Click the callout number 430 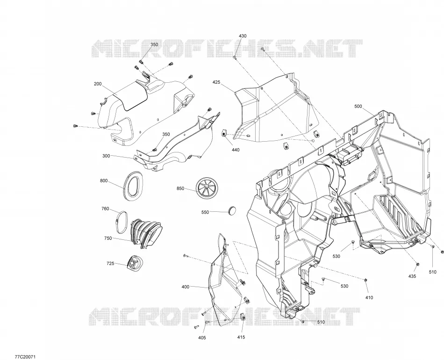coord(243,36)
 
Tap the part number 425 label coord(216,82)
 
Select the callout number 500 coord(358,107)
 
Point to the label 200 coord(98,84)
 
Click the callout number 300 coord(106,156)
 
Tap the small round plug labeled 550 coord(232,210)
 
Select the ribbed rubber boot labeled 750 coord(146,232)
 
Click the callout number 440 coord(236,150)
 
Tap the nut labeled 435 coord(418,264)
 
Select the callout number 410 coord(369,298)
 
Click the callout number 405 coord(202,338)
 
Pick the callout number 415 coord(241,337)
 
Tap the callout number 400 coord(185,287)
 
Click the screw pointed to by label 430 coord(235,58)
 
